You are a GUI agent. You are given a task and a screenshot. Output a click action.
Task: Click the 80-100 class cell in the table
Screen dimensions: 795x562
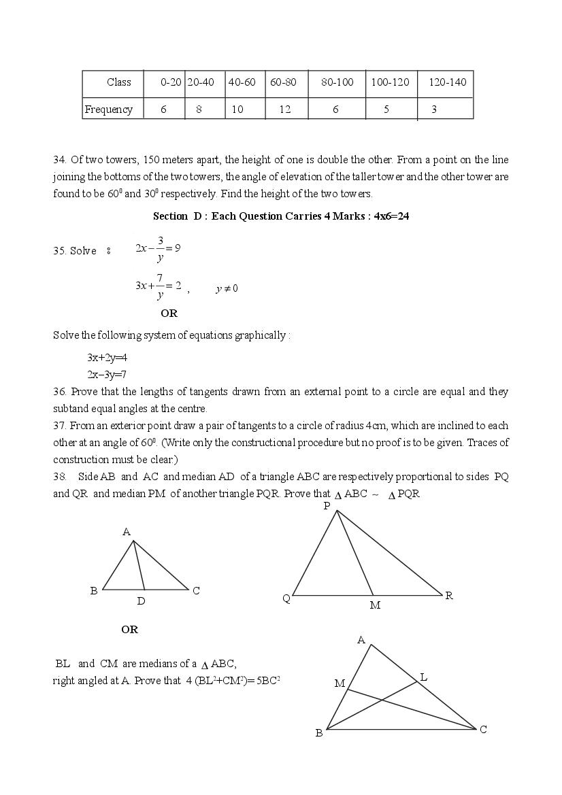(337, 82)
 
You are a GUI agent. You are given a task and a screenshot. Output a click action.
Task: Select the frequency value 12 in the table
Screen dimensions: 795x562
(284, 109)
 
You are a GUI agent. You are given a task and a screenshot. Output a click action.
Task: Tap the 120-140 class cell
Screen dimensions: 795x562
(447, 82)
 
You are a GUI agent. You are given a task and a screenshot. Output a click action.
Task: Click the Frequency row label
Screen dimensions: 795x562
(109, 109)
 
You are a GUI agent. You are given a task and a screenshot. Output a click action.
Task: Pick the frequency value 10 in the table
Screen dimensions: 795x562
(237, 109)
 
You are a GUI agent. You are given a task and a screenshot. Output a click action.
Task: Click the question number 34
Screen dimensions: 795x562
(59, 160)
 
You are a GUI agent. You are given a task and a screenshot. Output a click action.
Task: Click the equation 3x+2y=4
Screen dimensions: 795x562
(107, 358)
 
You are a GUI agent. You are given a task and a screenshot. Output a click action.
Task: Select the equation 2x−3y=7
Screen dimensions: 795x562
(107, 374)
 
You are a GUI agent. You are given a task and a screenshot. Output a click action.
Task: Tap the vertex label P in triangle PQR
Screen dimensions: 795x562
(327, 506)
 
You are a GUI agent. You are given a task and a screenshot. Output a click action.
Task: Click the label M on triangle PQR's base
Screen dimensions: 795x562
(375, 605)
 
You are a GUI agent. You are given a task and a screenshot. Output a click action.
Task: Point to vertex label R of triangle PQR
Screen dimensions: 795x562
(449, 596)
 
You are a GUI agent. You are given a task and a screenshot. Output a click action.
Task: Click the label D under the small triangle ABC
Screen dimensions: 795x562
(141, 601)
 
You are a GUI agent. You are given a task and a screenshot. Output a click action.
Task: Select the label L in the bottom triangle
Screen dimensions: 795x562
(423, 677)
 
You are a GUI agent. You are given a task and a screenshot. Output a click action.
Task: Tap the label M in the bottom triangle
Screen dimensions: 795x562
(340, 683)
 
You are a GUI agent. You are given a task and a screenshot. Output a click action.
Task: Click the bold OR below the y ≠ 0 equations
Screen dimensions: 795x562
(169, 314)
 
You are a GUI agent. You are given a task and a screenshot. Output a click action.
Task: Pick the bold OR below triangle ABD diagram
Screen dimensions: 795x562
(129, 630)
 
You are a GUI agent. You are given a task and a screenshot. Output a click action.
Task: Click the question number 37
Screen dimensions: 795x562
(59, 426)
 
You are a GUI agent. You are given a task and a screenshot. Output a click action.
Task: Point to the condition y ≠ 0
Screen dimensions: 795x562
(227, 288)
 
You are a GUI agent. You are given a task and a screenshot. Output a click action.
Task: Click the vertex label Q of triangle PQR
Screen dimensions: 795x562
(286, 598)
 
